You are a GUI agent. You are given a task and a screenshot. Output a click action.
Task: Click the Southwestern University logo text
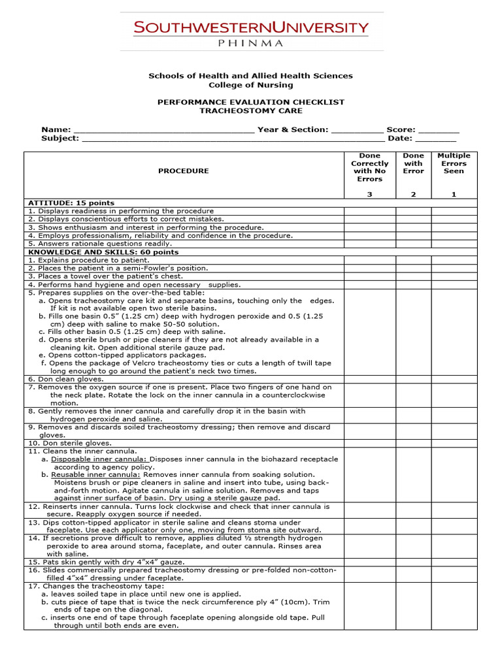pyautogui.click(x=251, y=28)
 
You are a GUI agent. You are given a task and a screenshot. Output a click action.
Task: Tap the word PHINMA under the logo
pyautogui.click(x=251, y=44)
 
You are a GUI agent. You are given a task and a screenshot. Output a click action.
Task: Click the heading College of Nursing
pyautogui.click(x=251, y=85)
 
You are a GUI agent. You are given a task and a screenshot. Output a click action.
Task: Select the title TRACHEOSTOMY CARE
pyautogui.click(x=251, y=111)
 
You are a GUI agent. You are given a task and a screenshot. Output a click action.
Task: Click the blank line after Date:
pyautogui.click(x=435, y=139)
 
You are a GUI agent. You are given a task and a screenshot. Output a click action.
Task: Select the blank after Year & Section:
pyautogui.click(x=357, y=130)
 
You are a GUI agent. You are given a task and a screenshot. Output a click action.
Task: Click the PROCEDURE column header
pyautogui.click(x=184, y=171)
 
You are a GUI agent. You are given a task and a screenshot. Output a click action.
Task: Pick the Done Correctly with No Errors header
pyautogui.click(x=370, y=167)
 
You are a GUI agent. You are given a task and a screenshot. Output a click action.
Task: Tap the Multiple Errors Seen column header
pyautogui.click(x=454, y=163)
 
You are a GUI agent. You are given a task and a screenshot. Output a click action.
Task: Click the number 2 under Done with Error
pyautogui.click(x=413, y=195)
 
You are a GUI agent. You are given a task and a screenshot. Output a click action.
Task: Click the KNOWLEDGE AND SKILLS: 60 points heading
pyautogui.click(x=103, y=252)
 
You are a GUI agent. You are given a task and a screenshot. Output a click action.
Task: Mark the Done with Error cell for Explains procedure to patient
pyautogui.click(x=413, y=260)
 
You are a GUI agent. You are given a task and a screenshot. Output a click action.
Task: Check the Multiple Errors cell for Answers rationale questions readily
pyautogui.click(x=454, y=244)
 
